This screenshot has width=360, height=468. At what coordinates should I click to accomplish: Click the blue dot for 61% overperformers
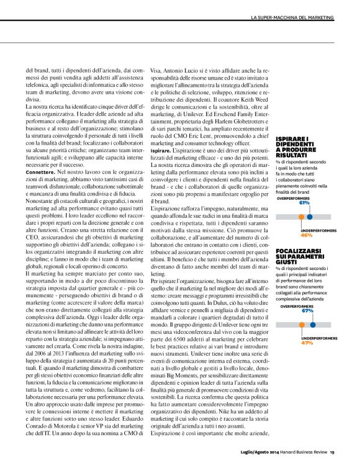(309, 235)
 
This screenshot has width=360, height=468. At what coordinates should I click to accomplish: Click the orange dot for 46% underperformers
(301, 235)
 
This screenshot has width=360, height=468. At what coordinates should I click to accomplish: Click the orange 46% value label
(306, 253)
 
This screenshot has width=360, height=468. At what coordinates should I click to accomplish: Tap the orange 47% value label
(306, 343)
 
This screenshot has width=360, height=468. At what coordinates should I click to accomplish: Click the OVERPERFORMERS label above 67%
(296, 306)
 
